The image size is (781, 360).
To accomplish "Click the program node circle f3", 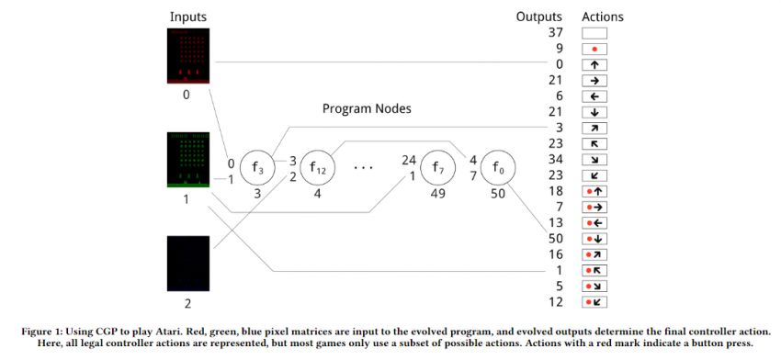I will click(x=258, y=168).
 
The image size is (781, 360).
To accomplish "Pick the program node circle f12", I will click(x=316, y=168).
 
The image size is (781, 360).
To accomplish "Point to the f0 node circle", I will click(x=498, y=168).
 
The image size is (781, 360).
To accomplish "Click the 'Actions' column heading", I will click(x=602, y=17).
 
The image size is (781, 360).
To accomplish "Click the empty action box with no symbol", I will click(x=594, y=33).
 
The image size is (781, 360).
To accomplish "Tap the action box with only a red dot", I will click(x=594, y=49).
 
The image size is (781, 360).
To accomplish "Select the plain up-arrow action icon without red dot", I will click(x=594, y=64).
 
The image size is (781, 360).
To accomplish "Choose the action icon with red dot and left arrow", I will click(x=594, y=221).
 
